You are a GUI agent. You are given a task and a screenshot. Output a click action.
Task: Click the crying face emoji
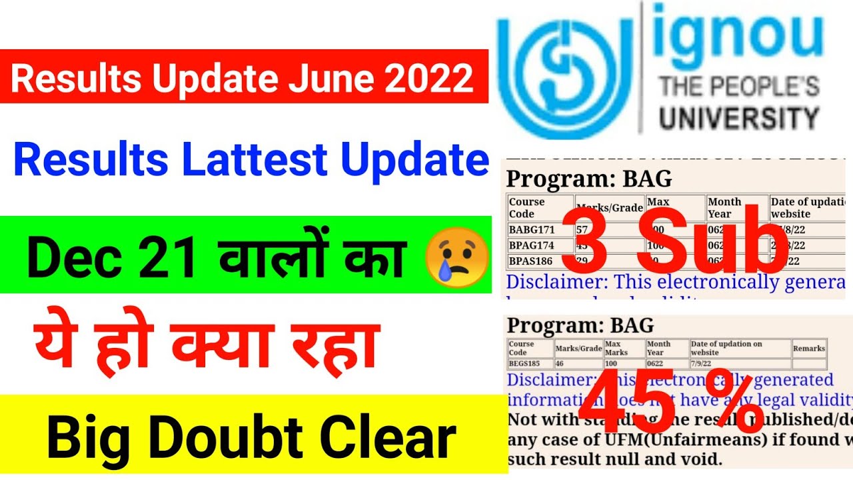(x=457, y=257)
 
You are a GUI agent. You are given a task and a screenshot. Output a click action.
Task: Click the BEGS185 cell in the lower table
(x=524, y=364)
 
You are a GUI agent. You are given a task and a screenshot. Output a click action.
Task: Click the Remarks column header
(x=808, y=348)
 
